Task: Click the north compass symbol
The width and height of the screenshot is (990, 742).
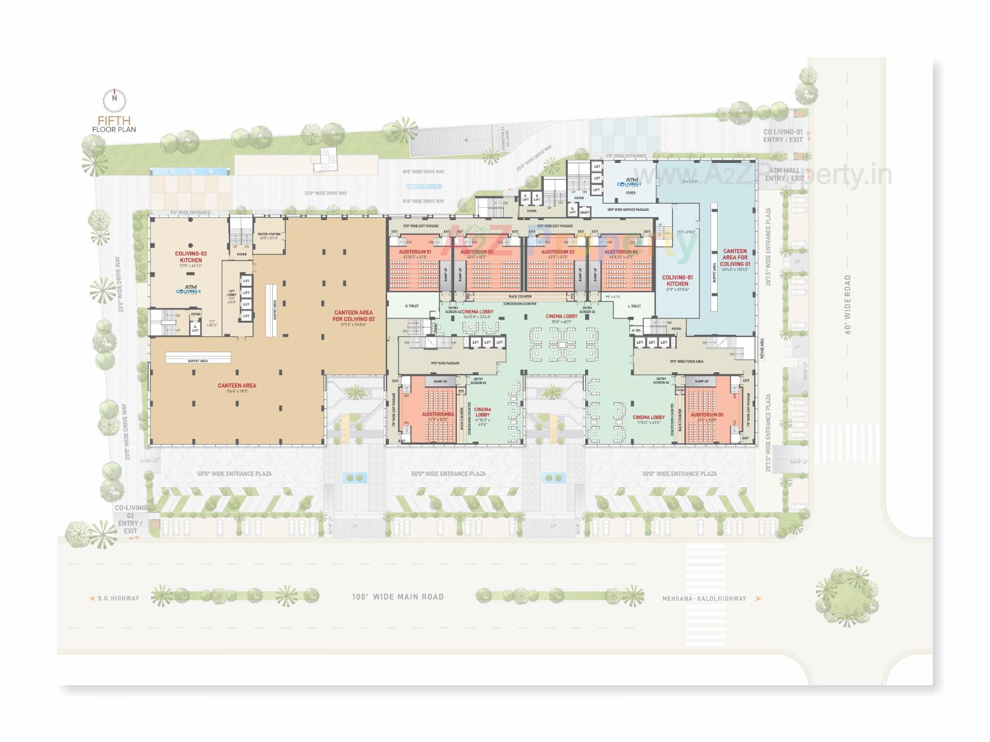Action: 114,100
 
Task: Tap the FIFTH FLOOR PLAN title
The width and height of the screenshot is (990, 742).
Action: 114,125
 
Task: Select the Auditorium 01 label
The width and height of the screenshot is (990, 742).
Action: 415,252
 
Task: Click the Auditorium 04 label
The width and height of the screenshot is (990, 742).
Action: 621,252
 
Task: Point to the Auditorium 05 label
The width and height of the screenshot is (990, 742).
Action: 706,415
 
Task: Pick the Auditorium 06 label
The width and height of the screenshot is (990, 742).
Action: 438,415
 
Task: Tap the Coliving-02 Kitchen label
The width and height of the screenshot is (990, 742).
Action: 191,257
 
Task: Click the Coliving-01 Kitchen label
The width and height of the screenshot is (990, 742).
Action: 677,281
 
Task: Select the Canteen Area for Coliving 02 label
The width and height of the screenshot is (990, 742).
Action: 353,316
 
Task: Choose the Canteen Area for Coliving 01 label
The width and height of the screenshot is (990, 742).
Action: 735,257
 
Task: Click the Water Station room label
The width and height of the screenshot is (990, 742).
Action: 269,235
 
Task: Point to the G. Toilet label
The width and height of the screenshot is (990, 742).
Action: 412,306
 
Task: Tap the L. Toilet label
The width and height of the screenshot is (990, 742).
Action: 634,306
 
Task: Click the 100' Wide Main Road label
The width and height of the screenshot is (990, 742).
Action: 398,597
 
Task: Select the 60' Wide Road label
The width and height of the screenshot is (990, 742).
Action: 848,304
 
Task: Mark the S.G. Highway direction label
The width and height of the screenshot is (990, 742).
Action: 118,599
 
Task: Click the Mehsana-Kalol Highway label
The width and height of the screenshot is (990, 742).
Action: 704,599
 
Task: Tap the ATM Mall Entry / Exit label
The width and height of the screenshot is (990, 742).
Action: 784,174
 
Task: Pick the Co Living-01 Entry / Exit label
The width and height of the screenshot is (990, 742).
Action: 783,136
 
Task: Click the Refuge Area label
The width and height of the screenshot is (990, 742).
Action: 762,349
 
